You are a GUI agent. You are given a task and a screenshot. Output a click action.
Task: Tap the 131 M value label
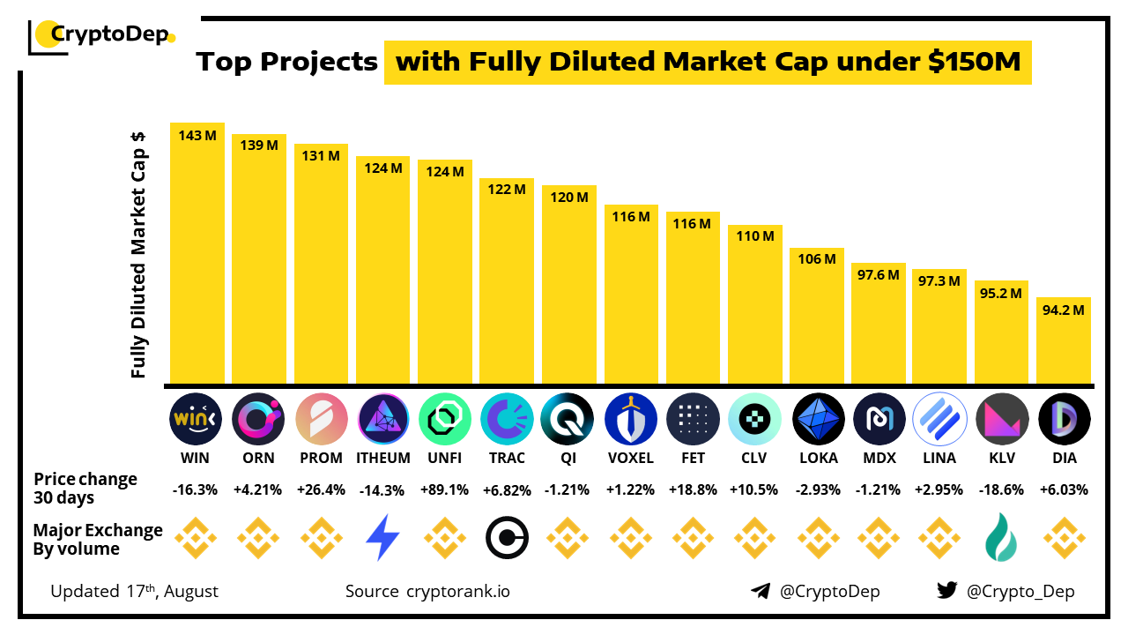click(321, 155)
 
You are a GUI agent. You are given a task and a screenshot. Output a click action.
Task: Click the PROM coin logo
click(321, 418)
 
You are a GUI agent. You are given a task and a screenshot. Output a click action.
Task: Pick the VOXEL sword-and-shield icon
click(631, 418)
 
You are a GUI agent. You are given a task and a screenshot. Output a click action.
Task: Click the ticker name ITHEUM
click(383, 458)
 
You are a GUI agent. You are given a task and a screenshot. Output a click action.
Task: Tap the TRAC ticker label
click(507, 458)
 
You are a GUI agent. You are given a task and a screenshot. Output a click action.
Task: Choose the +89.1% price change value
click(445, 489)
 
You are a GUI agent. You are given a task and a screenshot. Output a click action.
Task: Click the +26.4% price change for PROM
click(321, 489)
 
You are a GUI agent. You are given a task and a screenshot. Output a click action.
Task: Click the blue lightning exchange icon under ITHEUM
click(382, 537)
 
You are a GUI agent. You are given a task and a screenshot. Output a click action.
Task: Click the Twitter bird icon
click(947, 591)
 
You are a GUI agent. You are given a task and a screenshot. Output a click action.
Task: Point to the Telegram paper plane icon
click(760, 591)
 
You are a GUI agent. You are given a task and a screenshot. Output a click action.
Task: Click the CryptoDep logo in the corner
click(101, 35)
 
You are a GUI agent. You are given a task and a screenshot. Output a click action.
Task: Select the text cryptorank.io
click(457, 591)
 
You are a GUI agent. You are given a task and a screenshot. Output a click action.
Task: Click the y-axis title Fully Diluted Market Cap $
click(138, 256)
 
